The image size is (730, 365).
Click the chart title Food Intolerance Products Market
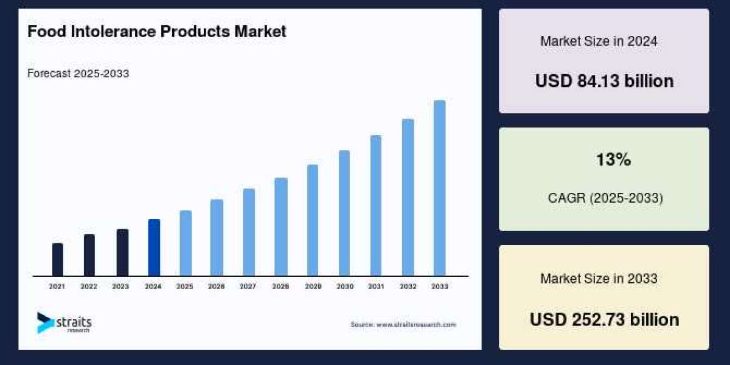156,32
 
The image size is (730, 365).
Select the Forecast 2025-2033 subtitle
78,74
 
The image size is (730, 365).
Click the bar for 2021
58,260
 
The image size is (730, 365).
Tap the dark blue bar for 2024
154,248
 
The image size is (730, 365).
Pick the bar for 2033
439,189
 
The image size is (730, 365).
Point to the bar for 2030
344,213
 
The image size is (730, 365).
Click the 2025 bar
186,243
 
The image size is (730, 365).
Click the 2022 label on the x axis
89,286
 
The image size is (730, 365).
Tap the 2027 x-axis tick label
248,286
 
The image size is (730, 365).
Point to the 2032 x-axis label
408,286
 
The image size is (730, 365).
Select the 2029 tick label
313,286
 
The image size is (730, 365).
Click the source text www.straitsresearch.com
403,325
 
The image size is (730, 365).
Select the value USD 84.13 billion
604,81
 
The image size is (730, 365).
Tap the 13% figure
613,160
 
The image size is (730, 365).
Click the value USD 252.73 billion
604,319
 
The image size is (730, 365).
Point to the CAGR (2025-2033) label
604,198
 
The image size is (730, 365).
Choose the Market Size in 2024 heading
599,41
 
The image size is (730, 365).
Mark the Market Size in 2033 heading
599,279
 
